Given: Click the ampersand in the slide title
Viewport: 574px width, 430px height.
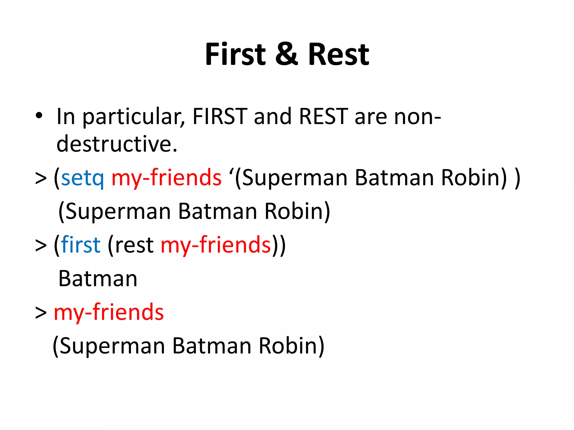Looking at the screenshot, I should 286,54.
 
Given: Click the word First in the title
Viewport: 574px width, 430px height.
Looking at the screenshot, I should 235,54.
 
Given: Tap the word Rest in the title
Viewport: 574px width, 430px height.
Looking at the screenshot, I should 339,54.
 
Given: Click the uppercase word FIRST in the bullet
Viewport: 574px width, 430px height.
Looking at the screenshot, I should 220,116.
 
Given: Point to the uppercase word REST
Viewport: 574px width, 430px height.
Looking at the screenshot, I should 323,116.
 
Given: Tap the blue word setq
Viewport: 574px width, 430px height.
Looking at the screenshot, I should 82,178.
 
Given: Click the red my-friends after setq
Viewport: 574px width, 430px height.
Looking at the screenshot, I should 166,178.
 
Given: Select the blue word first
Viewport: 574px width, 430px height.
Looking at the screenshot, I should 81,245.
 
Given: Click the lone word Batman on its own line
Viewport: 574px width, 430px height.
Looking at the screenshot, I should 98,279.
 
